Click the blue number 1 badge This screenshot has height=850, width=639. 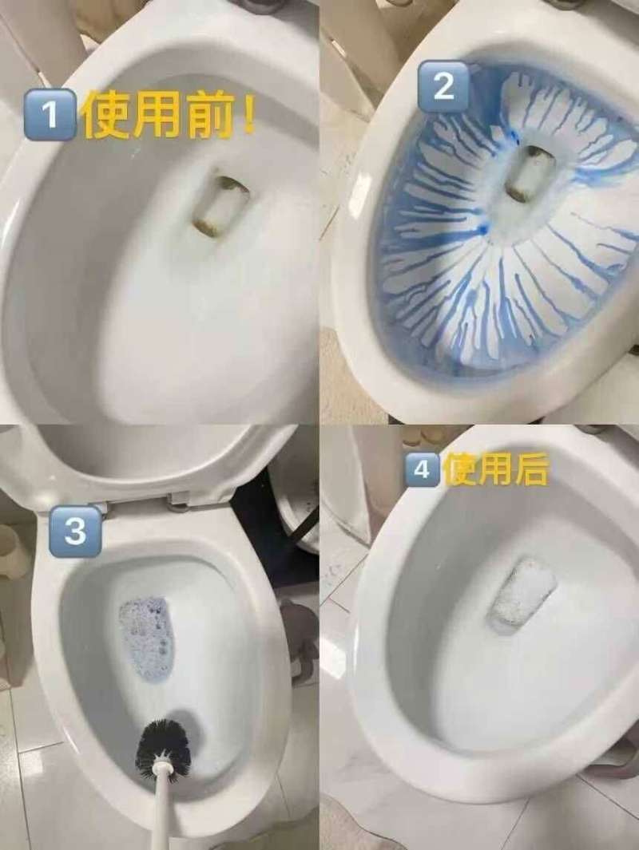point(50,115)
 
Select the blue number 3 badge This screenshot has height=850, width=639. point(75,531)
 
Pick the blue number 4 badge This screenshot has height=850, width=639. point(423,469)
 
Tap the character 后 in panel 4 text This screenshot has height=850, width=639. point(533,469)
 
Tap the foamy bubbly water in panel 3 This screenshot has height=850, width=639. point(148,638)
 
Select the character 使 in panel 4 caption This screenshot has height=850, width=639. point(459,469)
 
